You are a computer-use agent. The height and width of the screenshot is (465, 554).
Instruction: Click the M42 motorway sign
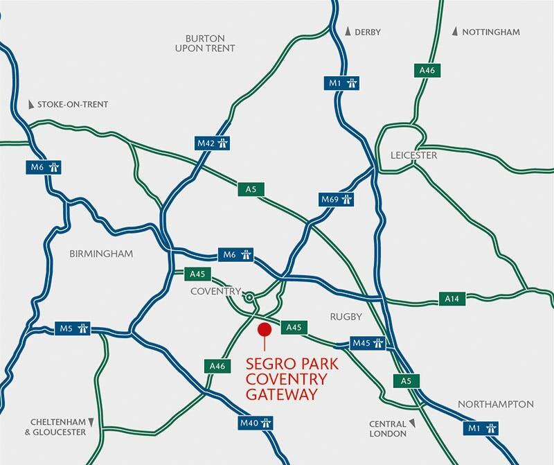(213, 143)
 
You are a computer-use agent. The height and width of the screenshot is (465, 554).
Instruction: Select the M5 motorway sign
(73, 327)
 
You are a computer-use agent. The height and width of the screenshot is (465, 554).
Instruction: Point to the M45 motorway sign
(368, 343)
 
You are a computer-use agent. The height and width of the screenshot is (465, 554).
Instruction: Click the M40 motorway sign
(256, 421)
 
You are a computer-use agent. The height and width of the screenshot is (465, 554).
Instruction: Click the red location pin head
(263, 329)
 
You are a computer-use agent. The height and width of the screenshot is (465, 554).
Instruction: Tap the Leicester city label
(413, 155)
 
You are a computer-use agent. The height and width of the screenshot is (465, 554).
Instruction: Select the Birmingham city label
(101, 254)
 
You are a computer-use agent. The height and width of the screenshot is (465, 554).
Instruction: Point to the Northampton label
(495, 404)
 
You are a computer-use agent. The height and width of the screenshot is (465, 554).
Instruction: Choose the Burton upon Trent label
(211, 43)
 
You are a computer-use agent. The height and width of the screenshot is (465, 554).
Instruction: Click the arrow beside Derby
(347, 32)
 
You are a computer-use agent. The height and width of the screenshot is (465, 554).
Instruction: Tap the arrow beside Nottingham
(455, 32)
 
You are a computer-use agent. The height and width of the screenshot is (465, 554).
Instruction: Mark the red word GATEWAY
(282, 394)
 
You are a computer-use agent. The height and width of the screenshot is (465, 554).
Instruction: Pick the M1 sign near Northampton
(483, 428)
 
